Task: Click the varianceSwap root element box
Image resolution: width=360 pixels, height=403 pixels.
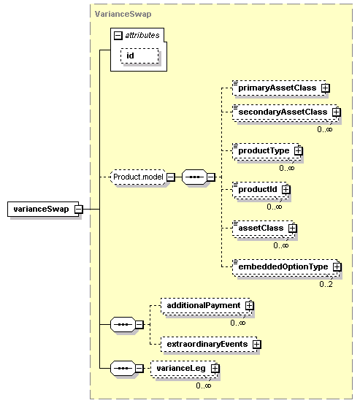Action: coord(43,209)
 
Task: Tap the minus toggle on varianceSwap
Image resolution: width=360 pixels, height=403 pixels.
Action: coord(79,209)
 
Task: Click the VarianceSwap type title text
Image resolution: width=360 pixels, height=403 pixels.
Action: coord(123,14)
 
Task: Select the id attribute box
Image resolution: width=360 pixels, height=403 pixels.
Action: coord(139,55)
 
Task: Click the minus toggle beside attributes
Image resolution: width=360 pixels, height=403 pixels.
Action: coord(118,36)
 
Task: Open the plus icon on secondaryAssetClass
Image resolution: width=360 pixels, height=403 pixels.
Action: coord(336,112)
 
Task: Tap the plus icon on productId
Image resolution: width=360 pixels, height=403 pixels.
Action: coord(286,189)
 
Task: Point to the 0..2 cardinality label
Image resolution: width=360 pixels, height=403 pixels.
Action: coord(326,284)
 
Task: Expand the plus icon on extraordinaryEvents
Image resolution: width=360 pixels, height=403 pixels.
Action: coord(256,344)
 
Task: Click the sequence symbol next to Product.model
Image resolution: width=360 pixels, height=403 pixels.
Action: coord(194,177)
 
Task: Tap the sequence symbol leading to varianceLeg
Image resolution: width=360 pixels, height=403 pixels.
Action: coord(123,368)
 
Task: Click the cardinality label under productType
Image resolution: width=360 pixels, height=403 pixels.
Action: coord(287,168)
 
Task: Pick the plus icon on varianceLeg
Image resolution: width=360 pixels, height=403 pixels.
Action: coord(215,368)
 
